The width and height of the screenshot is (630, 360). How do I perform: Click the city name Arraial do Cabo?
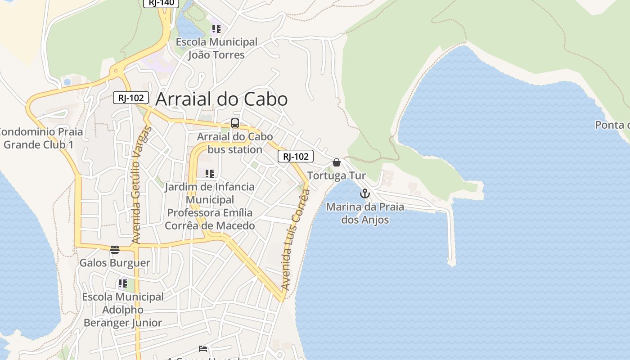221,99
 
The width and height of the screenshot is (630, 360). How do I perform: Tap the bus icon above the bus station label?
234,123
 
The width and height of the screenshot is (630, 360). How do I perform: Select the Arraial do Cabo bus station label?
235,143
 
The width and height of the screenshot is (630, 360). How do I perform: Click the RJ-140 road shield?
161,2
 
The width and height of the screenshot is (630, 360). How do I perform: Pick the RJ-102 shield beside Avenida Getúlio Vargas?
131,98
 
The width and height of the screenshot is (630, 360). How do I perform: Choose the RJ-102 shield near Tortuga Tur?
296,156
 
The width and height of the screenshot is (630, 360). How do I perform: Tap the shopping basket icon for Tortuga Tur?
337,162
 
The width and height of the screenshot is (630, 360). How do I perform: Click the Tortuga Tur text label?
337,175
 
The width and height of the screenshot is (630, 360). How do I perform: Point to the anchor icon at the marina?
365,194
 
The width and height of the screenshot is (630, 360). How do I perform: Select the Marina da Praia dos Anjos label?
365,213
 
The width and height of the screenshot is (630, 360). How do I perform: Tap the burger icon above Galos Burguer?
115,250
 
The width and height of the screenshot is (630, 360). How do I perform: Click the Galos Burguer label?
115,263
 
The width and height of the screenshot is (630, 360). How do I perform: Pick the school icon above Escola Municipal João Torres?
216,29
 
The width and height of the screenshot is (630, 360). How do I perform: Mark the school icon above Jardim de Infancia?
210,174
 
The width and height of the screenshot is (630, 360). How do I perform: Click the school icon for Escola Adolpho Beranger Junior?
123,284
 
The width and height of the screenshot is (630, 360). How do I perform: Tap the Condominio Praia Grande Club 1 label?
40,138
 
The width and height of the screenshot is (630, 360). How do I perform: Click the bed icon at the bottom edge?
203,349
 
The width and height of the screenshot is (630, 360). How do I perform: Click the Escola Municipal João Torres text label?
216,49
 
